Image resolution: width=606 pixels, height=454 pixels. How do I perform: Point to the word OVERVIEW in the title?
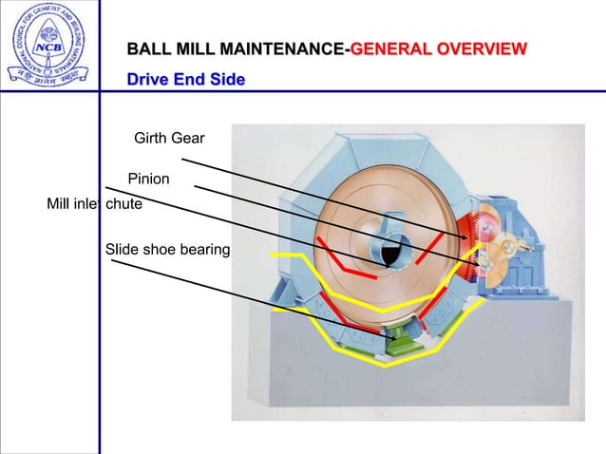[480, 48]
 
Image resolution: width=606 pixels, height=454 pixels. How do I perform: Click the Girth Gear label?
[169, 140]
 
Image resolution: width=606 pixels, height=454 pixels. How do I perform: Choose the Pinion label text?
[148, 179]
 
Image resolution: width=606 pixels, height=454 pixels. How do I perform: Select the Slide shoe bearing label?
[167, 249]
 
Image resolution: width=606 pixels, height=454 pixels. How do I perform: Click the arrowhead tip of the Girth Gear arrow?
[466, 236]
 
